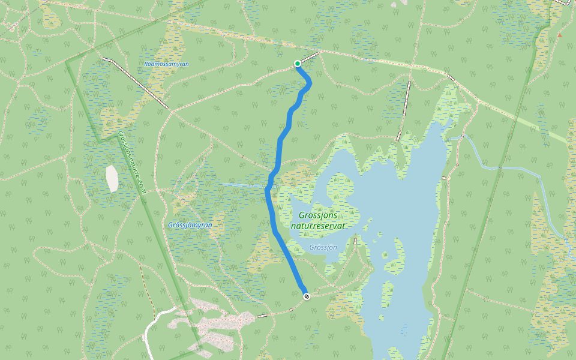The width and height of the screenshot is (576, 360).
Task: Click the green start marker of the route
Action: [297, 64]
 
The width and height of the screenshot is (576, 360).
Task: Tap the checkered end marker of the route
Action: [307, 296]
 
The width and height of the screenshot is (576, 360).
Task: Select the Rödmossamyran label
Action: [167, 63]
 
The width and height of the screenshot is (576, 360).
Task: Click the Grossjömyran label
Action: [190, 225]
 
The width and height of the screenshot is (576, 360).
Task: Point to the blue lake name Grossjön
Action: [323, 247]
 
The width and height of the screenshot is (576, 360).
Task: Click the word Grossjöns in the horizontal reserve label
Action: [318, 215]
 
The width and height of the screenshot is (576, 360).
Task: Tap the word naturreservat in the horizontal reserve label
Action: [318, 226]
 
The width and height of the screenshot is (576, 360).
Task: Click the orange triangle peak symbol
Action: [559, 35]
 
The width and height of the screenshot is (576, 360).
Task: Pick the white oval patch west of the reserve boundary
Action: [112, 178]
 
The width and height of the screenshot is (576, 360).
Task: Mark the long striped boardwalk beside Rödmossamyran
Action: [135, 83]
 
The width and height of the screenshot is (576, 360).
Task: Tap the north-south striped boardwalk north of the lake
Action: [403, 110]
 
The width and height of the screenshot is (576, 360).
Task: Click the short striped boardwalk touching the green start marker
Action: [308, 58]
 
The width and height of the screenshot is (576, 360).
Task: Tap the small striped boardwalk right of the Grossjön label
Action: [355, 241]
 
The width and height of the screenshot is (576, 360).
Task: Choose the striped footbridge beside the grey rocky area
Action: [263, 315]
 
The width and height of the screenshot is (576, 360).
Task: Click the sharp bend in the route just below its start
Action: [310, 83]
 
